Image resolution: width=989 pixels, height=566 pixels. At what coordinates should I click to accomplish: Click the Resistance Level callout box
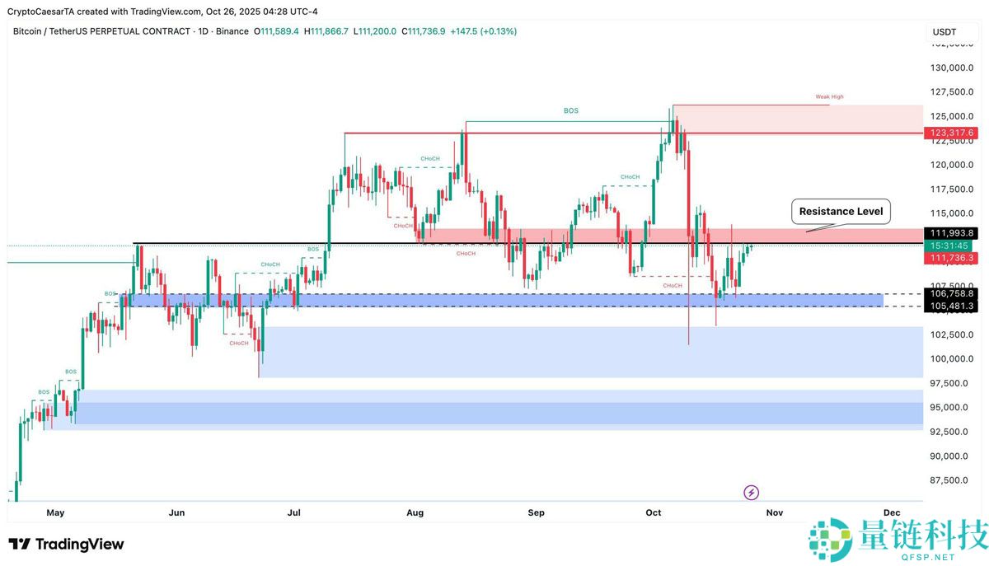(x=841, y=212)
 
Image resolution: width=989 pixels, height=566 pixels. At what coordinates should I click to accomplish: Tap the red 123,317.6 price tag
(x=950, y=133)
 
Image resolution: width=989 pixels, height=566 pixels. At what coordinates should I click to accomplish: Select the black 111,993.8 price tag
(x=950, y=233)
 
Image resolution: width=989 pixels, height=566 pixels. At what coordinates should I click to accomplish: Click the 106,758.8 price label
(x=952, y=293)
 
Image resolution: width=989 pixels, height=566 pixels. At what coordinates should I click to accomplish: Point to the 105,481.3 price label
(x=952, y=306)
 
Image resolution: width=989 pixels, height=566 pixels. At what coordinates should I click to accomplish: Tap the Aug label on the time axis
(x=415, y=512)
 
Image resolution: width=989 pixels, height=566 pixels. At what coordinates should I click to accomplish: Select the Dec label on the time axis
(x=891, y=512)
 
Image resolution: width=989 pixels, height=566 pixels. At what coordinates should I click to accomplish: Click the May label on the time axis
(x=55, y=512)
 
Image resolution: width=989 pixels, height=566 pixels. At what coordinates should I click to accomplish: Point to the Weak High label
(x=829, y=97)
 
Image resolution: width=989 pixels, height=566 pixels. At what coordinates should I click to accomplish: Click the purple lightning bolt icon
(x=751, y=493)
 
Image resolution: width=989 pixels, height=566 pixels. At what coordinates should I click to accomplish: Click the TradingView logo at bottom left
(x=66, y=545)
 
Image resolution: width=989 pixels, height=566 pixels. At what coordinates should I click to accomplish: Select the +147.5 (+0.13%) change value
(x=483, y=31)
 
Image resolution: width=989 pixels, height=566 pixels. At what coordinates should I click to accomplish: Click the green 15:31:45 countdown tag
(x=950, y=246)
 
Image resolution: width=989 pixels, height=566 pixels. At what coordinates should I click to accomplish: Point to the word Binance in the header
(x=232, y=31)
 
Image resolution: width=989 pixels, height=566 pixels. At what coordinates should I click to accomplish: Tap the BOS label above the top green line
(x=570, y=110)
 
